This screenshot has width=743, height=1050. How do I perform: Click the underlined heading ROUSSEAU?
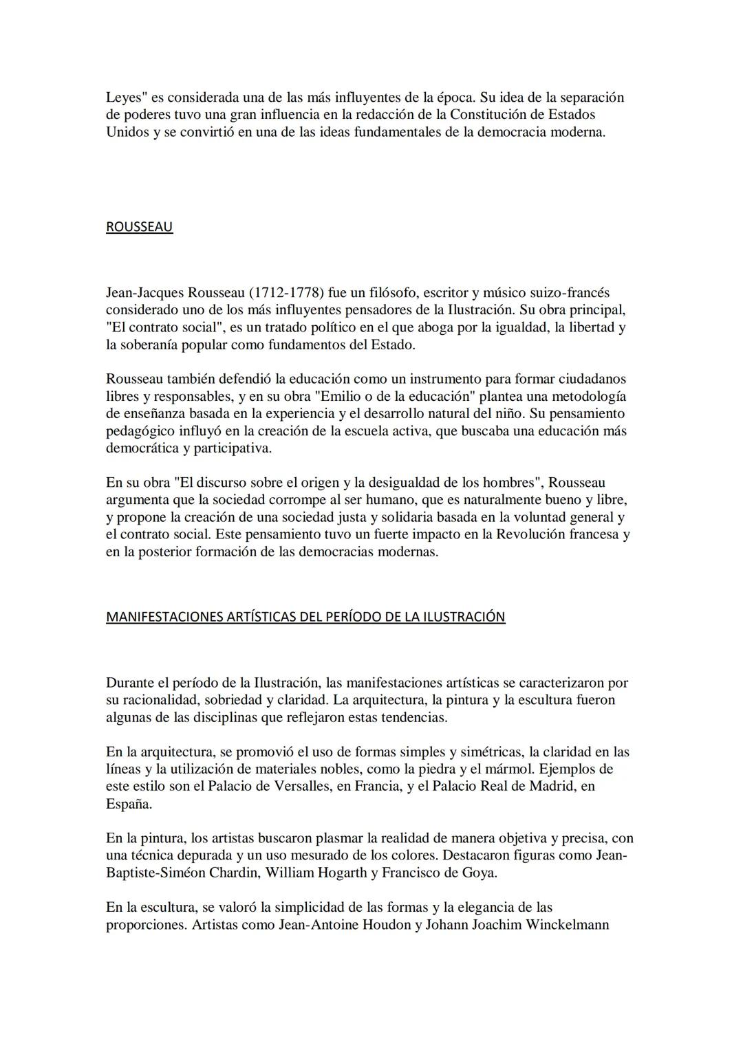tap(139, 227)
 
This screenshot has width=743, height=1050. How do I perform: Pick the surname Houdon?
tap(387, 924)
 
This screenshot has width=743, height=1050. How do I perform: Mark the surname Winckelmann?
tap(568, 924)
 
